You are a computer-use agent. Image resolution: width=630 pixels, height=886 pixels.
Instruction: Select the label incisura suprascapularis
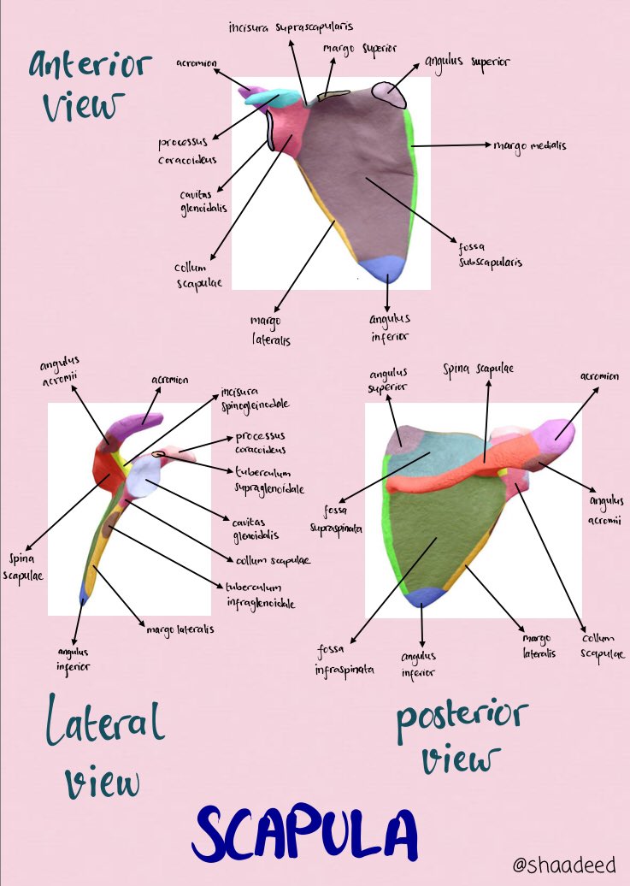click(x=291, y=27)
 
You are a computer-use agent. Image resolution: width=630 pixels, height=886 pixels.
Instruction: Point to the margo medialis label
click(x=529, y=145)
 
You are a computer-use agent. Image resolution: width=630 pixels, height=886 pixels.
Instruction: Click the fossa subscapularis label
click(x=489, y=256)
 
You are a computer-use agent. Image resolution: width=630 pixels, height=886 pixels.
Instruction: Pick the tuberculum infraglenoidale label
click(x=261, y=595)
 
